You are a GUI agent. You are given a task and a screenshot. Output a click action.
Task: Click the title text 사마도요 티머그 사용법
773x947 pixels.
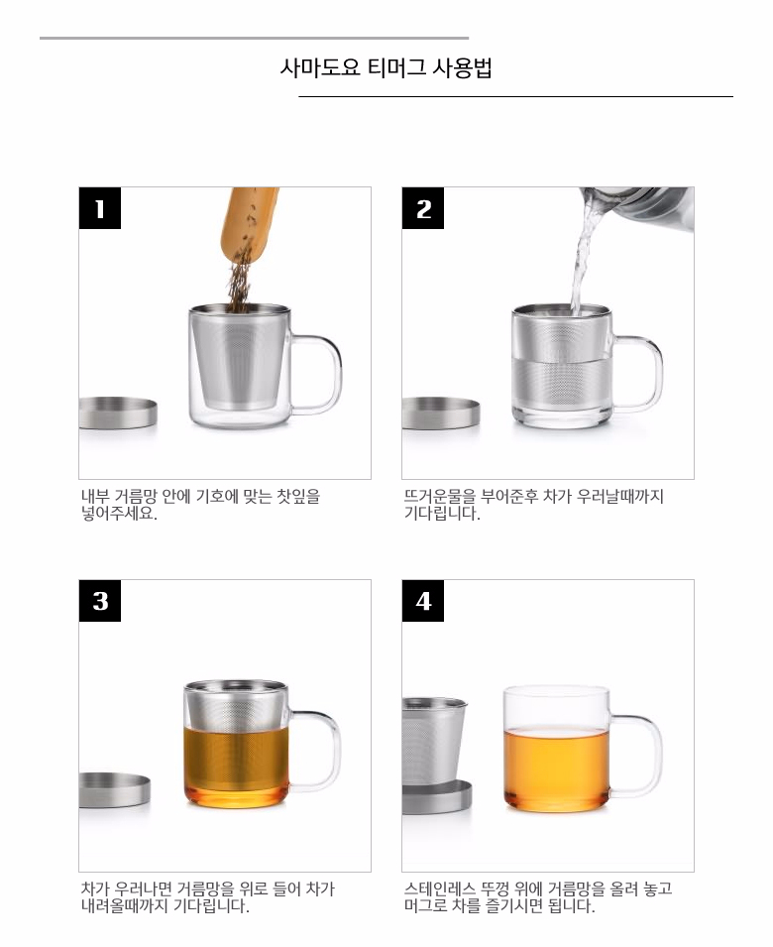386,68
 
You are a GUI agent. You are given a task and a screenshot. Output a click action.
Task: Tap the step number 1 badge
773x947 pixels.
100,208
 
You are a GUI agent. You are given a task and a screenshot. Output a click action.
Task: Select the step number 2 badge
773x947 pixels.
423,208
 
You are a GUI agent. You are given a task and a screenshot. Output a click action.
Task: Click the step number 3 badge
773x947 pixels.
100,601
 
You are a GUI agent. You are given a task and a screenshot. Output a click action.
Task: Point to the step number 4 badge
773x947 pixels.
423,601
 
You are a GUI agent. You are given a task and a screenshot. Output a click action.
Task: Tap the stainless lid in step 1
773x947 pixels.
117,414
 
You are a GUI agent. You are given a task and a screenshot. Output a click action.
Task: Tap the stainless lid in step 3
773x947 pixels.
114,790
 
